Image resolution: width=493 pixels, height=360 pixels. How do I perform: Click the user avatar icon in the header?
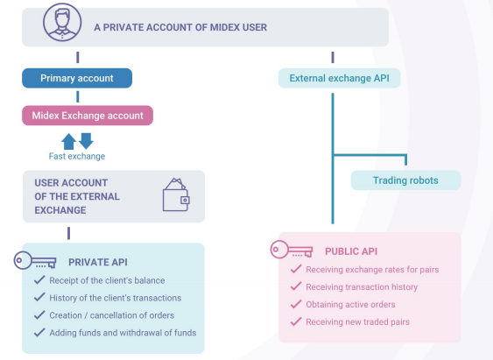pos(62,22)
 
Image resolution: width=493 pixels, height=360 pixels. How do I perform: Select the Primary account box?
pos(77,78)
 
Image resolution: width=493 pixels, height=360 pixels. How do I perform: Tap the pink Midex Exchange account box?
pos(88,116)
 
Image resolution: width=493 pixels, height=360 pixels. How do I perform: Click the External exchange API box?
pos(339,78)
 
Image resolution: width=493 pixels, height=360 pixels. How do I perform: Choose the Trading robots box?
pos(405,180)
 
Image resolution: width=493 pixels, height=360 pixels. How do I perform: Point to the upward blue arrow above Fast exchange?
pos(68,142)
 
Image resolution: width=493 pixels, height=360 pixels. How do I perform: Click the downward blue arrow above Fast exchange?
pos(86,141)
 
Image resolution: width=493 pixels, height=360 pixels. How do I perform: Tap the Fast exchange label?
pos(77,156)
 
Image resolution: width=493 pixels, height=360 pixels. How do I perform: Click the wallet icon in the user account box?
pos(176,195)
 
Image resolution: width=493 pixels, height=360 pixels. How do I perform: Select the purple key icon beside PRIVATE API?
pos(35,260)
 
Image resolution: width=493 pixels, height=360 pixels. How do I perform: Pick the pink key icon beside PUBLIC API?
pos(292,250)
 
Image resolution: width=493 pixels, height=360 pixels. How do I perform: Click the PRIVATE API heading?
pos(98,262)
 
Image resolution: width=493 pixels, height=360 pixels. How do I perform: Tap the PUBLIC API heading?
pos(351,251)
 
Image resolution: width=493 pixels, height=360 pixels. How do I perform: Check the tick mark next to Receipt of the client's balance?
pos(39,279)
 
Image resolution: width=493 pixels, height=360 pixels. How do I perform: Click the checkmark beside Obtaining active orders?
pos(296,304)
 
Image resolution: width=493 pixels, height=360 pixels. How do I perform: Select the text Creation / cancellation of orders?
pos(111,315)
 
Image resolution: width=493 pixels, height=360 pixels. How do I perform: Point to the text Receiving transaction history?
pos(362,287)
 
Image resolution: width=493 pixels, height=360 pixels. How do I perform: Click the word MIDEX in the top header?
pos(222,27)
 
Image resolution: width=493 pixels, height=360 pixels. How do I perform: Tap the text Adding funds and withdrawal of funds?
pos(123,333)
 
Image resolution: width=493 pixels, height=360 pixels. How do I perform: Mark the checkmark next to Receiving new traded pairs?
pos(296,321)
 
